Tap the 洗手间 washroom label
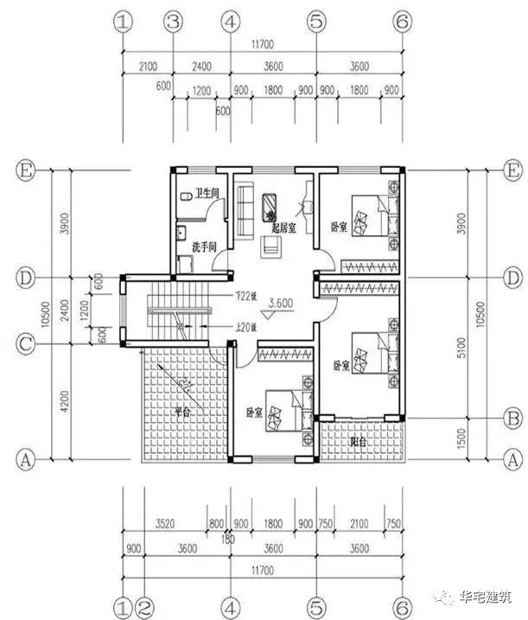tap(204, 246)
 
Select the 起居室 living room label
tap(283, 228)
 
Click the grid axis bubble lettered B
tap(512, 418)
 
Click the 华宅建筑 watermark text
tap(487, 597)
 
